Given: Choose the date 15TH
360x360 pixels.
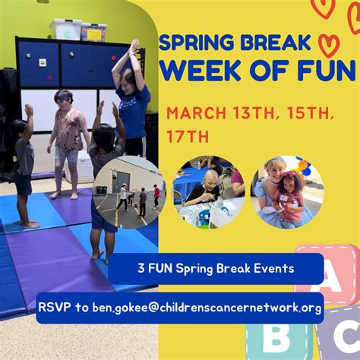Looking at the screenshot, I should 313,113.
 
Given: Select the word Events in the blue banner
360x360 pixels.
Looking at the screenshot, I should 273,268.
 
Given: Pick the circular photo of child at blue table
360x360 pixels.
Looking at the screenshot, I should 207,191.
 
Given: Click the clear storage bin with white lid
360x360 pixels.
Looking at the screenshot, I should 65,30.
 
